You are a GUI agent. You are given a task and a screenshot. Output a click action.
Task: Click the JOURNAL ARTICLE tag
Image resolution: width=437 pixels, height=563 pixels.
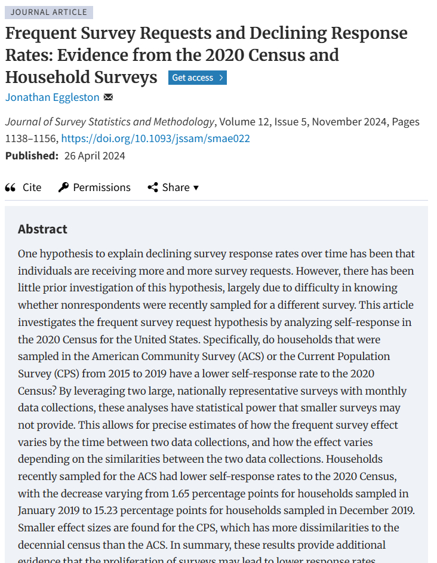(x=49, y=12)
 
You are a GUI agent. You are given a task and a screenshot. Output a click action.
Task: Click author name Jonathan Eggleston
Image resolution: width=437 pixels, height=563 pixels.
(x=53, y=97)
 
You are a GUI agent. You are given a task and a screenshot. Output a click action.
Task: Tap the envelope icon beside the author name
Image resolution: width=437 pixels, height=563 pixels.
(x=108, y=97)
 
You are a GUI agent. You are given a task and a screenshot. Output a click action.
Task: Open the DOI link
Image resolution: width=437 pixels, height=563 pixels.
(x=155, y=139)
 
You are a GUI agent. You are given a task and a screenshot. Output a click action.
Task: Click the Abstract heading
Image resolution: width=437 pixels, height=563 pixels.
(x=42, y=229)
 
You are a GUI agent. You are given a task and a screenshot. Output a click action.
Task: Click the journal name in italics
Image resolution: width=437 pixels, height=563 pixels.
(x=110, y=122)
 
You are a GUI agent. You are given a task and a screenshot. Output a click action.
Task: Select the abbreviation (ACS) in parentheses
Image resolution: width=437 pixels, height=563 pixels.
(x=251, y=356)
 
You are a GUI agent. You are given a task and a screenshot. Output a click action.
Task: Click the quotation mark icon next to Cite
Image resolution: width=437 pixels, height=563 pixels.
(x=10, y=187)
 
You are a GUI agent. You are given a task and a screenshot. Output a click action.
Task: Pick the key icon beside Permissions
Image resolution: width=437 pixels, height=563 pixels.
(x=63, y=187)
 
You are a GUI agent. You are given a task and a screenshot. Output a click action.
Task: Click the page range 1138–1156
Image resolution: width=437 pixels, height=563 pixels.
(x=31, y=139)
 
